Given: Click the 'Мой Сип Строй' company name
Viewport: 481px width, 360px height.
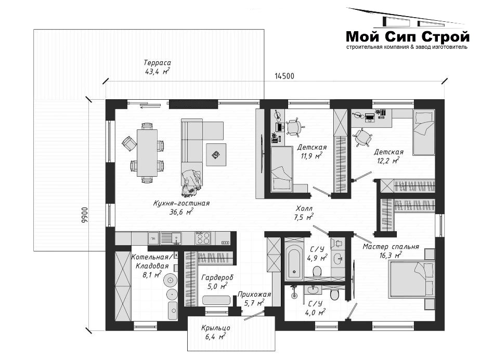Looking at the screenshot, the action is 408,37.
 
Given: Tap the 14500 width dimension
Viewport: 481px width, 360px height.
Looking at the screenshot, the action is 284,76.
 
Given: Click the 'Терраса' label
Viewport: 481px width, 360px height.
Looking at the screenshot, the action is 158,62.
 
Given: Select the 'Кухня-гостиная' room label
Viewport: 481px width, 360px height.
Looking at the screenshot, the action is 181,203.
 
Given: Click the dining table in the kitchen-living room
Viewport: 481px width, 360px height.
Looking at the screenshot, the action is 147,153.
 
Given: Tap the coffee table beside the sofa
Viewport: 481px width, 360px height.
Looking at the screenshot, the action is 216,155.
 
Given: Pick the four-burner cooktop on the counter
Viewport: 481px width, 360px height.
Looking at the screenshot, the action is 203,238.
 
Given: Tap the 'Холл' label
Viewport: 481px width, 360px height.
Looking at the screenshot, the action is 304,209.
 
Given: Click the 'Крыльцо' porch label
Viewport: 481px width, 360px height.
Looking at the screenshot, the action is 216,328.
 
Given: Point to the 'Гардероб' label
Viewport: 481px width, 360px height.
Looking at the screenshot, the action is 217,277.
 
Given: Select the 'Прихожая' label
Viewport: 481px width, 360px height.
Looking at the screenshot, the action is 254,295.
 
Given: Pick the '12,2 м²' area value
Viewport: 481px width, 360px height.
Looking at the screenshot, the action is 388,161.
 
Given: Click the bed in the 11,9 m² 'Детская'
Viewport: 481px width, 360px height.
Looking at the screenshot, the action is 282,169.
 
